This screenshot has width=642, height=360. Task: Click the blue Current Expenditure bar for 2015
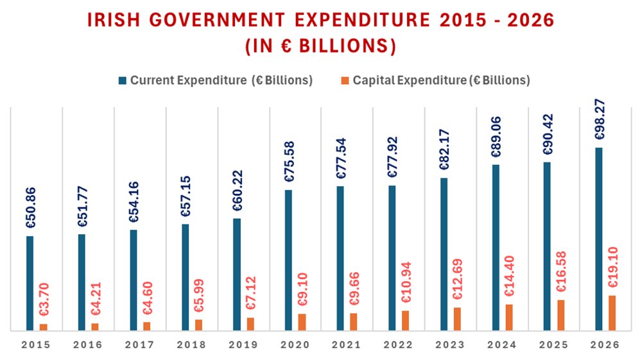(x=30, y=283)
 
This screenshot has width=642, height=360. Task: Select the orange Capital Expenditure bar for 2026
(x=612, y=313)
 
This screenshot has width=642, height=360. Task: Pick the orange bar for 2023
(x=457, y=319)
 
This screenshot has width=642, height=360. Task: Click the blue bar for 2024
(x=496, y=248)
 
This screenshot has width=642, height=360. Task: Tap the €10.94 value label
(x=404, y=283)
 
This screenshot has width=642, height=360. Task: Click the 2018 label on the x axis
(x=191, y=345)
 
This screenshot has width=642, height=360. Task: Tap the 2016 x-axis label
(x=88, y=345)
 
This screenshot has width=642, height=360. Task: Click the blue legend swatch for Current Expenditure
(x=122, y=81)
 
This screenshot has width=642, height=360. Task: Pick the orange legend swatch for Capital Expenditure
(x=345, y=81)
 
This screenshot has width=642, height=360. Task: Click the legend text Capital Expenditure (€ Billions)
(x=442, y=81)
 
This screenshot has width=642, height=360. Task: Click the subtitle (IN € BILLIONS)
(x=320, y=47)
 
